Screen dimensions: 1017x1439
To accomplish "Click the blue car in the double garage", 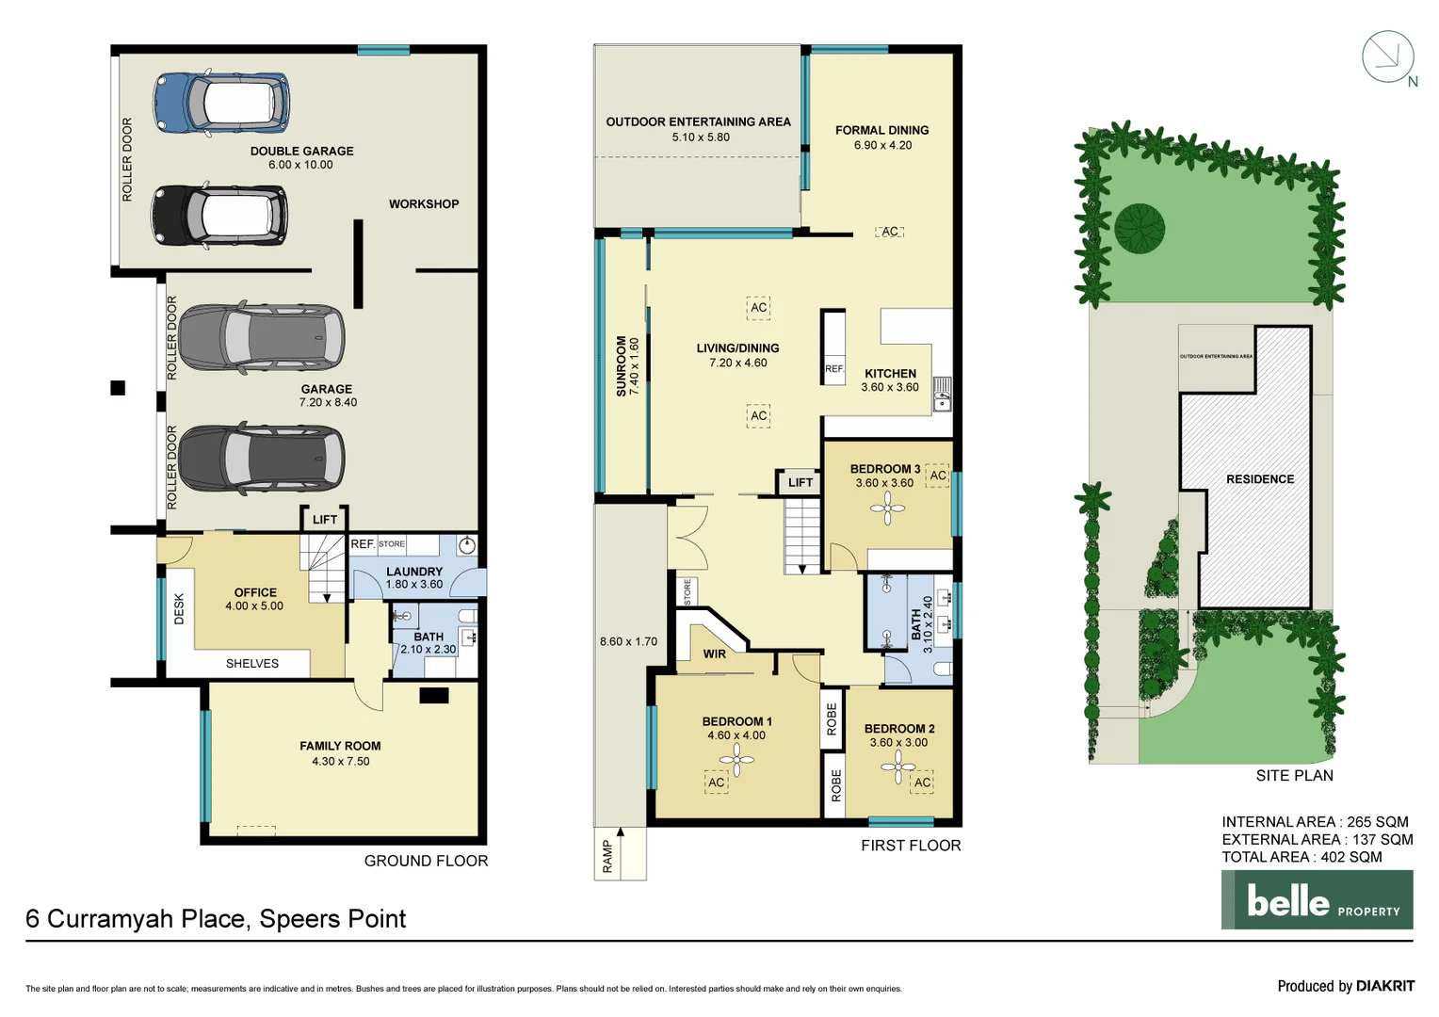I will [x=221, y=102].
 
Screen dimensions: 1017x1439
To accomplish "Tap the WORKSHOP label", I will [x=424, y=204].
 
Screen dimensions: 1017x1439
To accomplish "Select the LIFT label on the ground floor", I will [x=325, y=520].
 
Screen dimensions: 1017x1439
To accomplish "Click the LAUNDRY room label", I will [x=413, y=572].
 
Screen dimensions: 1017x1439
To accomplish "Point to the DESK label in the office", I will [x=180, y=609].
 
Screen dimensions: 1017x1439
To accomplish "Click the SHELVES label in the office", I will [x=252, y=664].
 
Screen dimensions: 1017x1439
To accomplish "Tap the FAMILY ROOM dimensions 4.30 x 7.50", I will [x=340, y=761].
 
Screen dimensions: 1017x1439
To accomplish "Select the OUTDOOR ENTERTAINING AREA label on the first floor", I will [x=698, y=121].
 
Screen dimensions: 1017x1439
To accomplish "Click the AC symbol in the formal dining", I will [x=890, y=232].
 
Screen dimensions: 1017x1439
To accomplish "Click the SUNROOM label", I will [x=622, y=365].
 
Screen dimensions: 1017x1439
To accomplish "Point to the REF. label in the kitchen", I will [x=834, y=369].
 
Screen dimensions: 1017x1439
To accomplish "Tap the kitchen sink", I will [x=942, y=395].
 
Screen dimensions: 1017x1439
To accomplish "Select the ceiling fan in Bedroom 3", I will [x=887, y=509].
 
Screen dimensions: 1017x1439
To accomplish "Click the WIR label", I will [x=715, y=654].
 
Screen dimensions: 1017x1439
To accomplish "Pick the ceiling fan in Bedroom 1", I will [x=736, y=759].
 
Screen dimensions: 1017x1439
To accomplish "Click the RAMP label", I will [x=607, y=856].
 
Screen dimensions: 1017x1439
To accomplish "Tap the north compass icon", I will [x=1388, y=57].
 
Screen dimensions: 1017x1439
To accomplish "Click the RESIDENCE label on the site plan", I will [x=1259, y=479].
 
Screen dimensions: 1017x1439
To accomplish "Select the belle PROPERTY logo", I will [x=1317, y=900].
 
